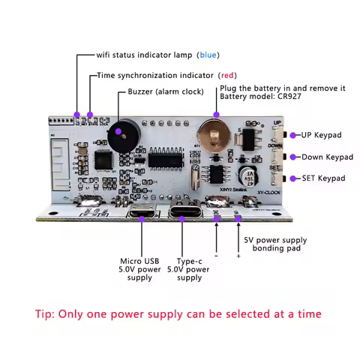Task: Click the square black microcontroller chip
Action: click(x=104, y=161)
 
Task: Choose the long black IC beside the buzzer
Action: click(x=166, y=158)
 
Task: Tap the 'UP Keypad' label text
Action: click(x=321, y=136)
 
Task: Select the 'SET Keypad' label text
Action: click(x=322, y=178)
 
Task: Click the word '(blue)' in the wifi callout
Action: click(x=208, y=55)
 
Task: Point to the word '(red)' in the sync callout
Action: click(x=229, y=76)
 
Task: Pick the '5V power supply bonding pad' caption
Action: click(x=274, y=245)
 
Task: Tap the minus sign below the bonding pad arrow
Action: click(x=216, y=256)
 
